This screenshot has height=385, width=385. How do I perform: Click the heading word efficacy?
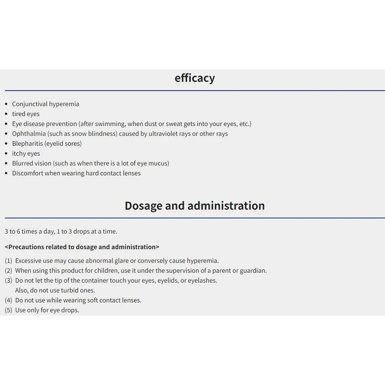194,78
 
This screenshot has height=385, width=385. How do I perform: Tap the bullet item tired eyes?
26,114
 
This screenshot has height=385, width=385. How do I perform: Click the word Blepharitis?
27,144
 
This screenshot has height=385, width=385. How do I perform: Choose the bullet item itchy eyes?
26,154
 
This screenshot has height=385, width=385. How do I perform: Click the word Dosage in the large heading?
143,206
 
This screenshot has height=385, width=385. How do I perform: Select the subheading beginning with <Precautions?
82,247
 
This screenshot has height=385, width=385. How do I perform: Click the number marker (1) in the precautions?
8,261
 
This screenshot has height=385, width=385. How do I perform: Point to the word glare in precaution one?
121,261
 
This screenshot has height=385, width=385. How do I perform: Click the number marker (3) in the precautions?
8,281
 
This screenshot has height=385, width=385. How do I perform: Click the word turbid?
61,290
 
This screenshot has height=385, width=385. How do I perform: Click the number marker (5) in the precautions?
8,310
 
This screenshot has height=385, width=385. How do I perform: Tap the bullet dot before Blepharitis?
6,144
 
